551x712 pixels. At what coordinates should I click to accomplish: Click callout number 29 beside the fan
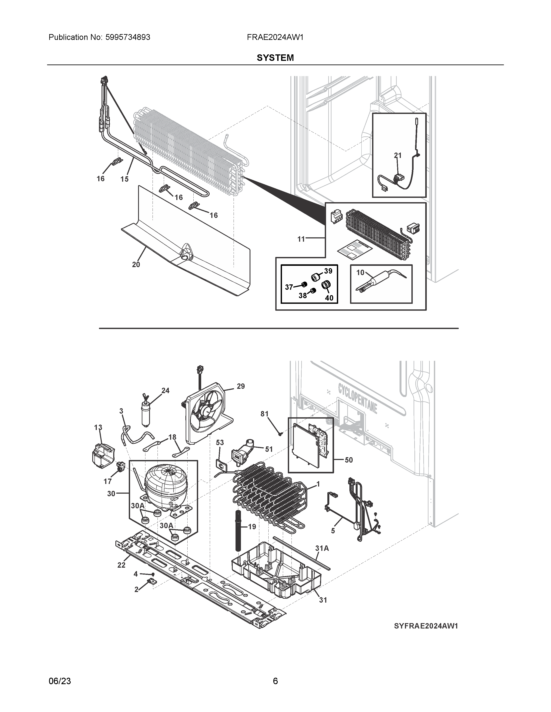[x=240, y=386]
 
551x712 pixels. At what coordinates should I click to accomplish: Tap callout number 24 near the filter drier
[x=166, y=391]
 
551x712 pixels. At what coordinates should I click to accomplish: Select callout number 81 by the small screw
[x=264, y=414]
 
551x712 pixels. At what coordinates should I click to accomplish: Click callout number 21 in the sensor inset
[x=398, y=156]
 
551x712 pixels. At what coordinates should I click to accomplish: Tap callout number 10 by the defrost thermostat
[x=360, y=273]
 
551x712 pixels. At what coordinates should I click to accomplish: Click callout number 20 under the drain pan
[x=136, y=265]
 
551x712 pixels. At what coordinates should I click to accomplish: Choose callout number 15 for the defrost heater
[x=124, y=179]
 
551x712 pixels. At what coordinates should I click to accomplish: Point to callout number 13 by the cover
[x=98, y=427]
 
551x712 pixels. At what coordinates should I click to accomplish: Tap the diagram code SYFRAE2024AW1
[x=426, y=626]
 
